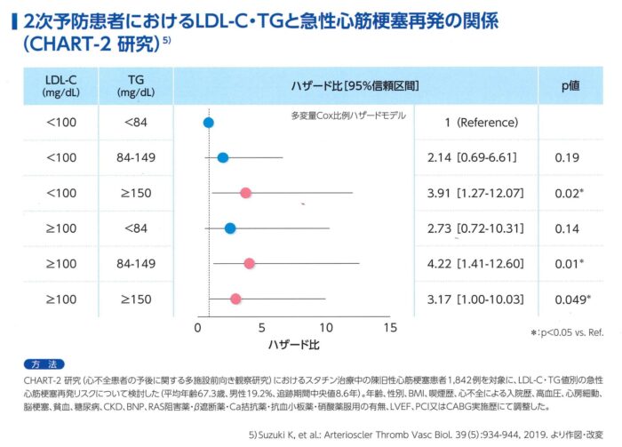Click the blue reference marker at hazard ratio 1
[208, 123]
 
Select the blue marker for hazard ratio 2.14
[223, 158]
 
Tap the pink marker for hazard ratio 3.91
[245, 193]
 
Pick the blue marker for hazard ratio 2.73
[230, 228]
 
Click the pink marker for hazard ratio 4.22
[249, 263]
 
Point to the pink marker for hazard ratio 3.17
[235, 299]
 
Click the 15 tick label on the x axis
[387, 327]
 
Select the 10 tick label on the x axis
[327, 327]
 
